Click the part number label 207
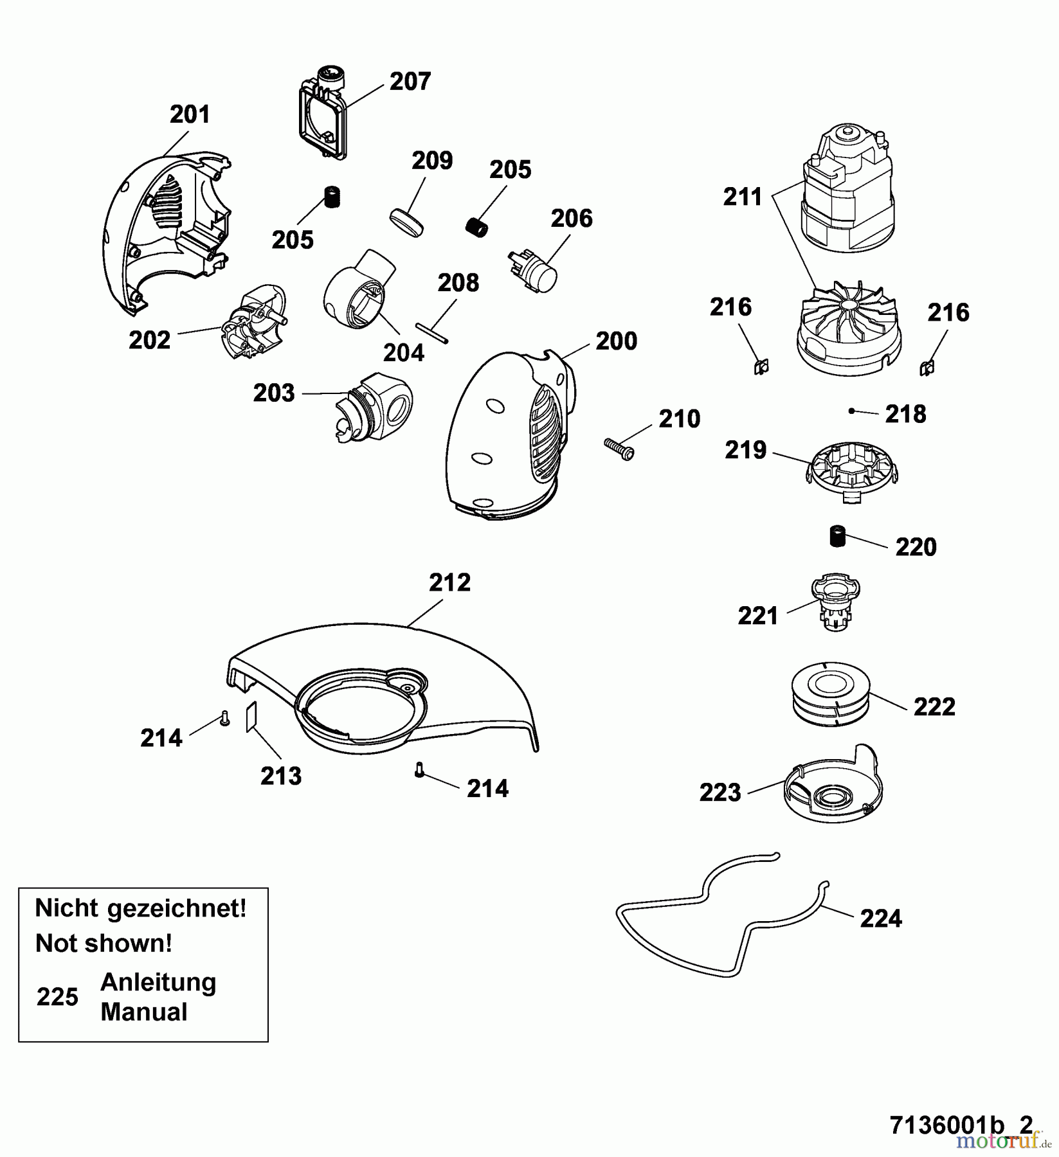pyautogui.click(x=410, y=82)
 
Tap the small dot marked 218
pyautogui.click(x=852, y=411)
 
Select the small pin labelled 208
pyautogui.click(x=431, y=334)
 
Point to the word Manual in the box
pyautogui.click(x=144, y=1012)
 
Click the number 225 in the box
pyautogui.click(x=57, y=997)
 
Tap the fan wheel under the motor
pyautogui.click(x=847, y=329)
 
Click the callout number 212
pyautogui.click(x=450, y=583)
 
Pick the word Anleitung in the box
pyautogui.click(x=158, y=982)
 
